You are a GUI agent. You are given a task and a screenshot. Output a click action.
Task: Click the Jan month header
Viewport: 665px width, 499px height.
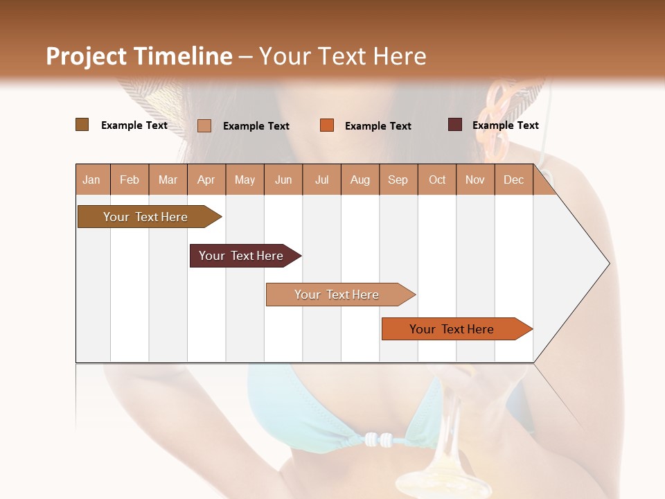91,180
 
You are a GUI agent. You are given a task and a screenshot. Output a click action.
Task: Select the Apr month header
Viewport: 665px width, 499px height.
206,180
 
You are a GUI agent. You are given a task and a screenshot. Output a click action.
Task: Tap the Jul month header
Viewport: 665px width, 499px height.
321,180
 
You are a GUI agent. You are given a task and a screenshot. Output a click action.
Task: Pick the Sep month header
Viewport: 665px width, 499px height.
398,180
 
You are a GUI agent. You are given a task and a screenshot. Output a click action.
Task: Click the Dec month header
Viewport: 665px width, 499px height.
513,180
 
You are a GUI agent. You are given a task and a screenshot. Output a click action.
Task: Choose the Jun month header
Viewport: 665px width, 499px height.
283,180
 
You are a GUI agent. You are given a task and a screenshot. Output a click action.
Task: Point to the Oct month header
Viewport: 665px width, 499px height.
437,180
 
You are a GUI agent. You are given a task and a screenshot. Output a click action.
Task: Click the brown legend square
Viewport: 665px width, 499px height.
82,125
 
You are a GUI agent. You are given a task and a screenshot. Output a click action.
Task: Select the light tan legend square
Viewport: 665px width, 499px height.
204,125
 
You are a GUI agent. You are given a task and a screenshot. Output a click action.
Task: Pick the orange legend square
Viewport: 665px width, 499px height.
327,125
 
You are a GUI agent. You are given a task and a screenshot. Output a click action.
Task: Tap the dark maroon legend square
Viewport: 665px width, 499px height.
455,125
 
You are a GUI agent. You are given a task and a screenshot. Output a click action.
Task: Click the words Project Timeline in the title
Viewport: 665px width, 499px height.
139,56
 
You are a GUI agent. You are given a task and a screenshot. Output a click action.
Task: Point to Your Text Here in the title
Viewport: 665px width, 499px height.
343,56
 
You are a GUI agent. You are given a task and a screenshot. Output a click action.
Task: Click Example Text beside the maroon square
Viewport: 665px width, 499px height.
505,125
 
